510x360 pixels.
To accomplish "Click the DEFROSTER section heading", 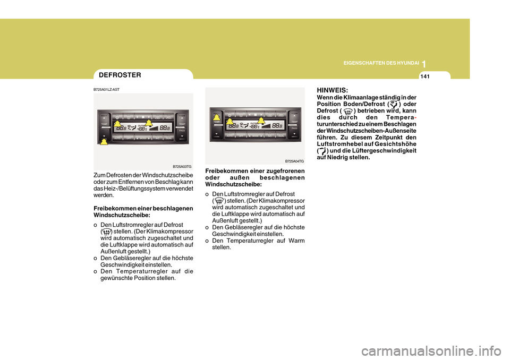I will coord(120,75).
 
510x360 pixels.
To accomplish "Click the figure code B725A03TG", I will coord(182,166).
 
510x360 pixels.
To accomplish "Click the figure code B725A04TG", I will coord(294,161).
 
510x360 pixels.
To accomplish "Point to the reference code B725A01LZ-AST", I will coord(107,90).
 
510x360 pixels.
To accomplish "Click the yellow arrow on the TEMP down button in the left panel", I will coord(104,141).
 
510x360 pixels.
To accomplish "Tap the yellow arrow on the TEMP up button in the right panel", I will coord(216,118).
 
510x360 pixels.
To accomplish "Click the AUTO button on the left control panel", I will coord(117,138).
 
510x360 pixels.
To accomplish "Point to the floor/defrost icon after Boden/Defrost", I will coord(394,104).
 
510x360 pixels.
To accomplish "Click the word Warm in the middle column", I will coord(296,241).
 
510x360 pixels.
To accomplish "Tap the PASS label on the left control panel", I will coord(182,130).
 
